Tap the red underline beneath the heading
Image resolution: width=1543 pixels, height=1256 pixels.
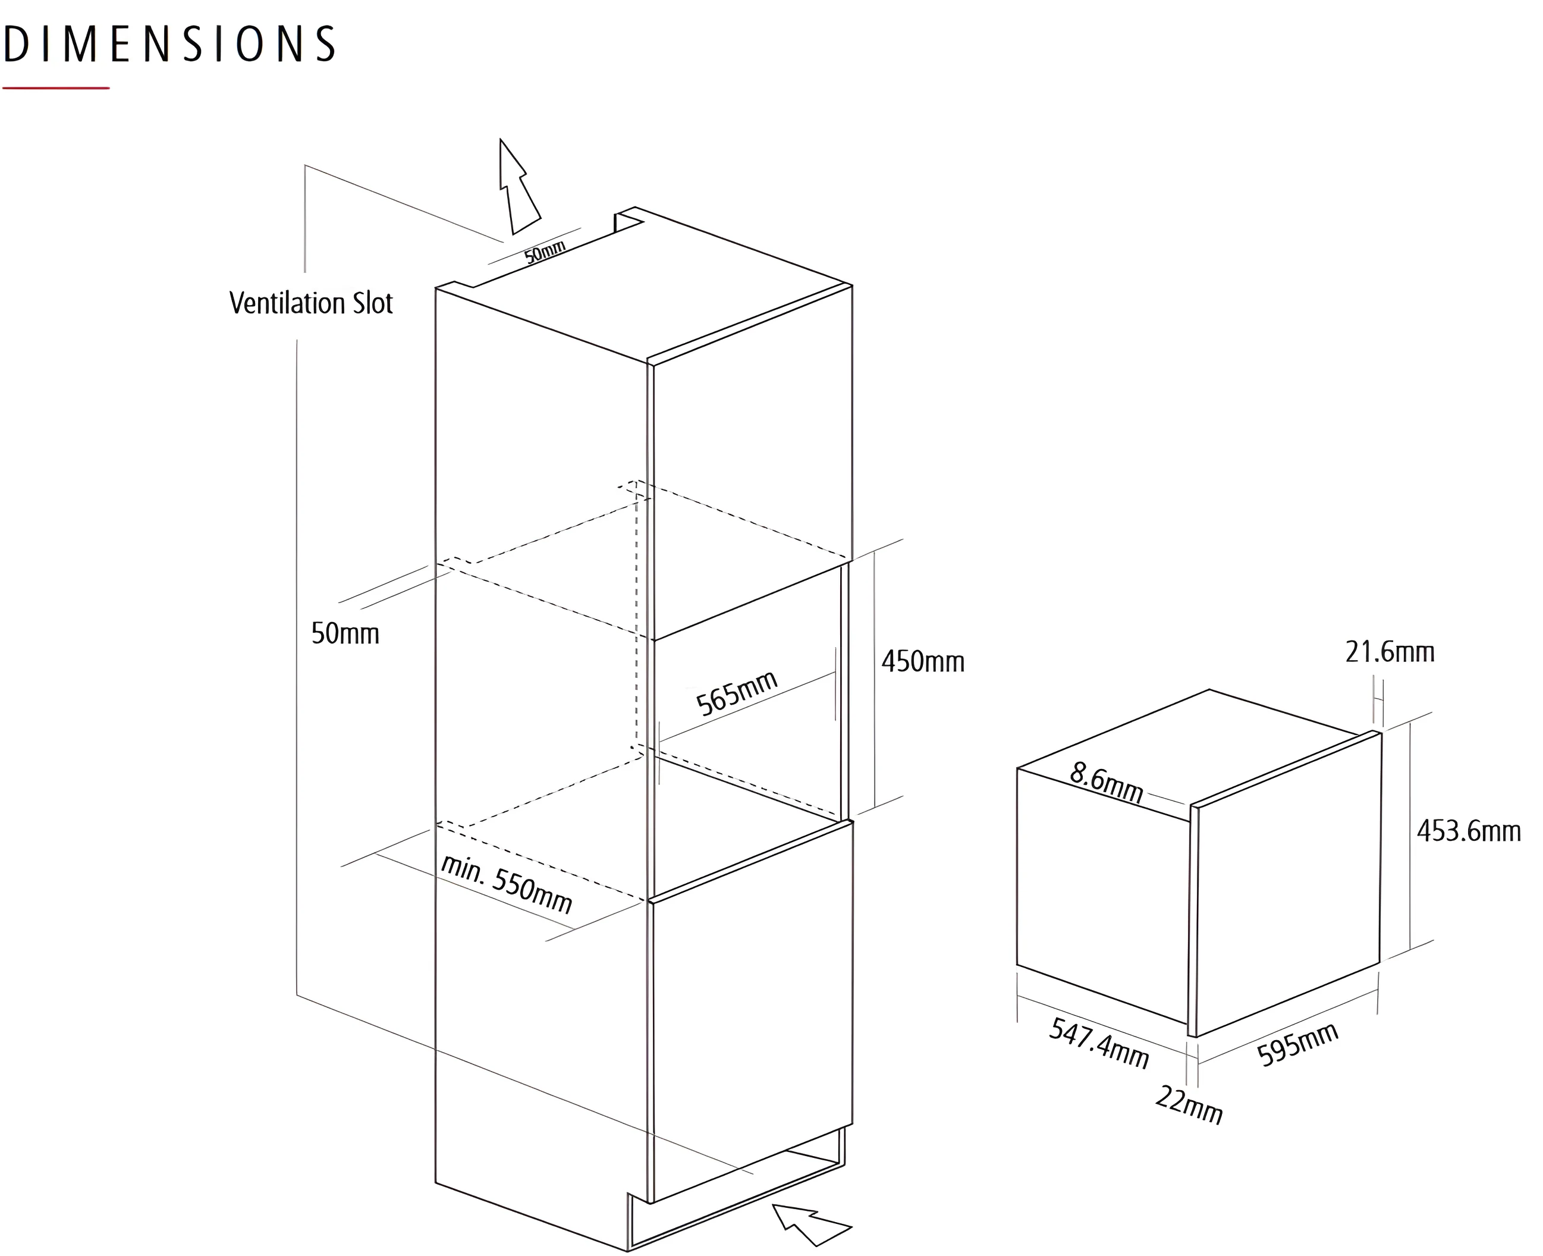(x=56, y=88)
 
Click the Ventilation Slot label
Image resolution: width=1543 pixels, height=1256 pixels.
(x=311, y=303)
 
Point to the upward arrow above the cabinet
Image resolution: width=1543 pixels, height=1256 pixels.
(x=518, y=187)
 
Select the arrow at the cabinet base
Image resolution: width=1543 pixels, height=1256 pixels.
(x=810, y=1225)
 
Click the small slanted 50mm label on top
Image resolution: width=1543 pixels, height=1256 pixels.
(x=545, y=251)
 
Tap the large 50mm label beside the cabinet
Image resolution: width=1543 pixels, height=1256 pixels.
(x=345, y=634)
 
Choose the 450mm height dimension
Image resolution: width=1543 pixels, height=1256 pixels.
(x=923, y=662)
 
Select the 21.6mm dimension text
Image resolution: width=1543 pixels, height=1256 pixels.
(x=1390, y=652)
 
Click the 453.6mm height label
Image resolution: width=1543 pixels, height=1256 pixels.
(x=1469, y=831)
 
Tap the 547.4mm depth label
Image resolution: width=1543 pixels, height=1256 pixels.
(x=1099, y=1043)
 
